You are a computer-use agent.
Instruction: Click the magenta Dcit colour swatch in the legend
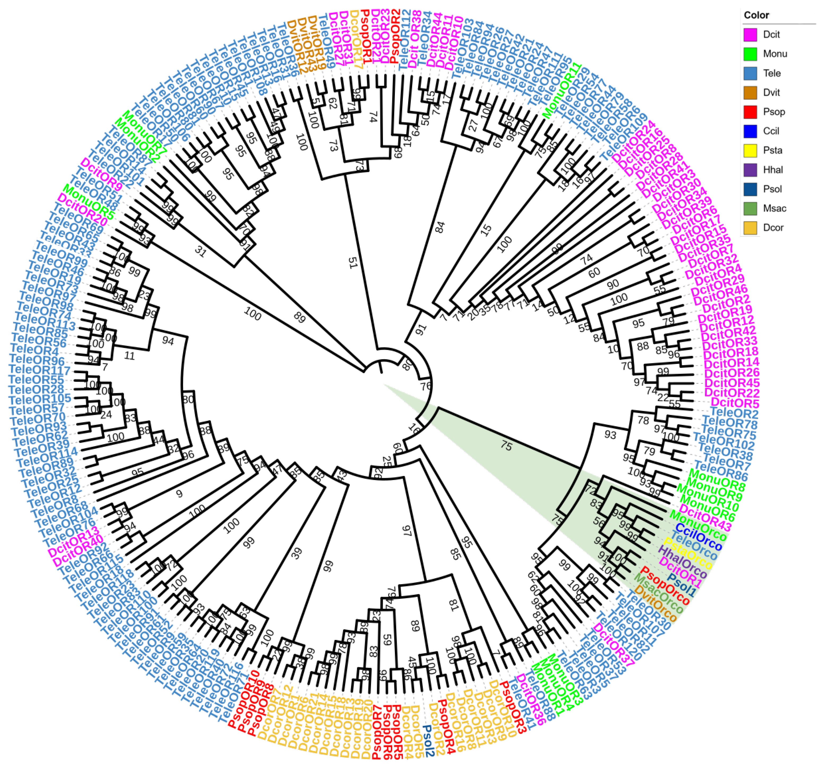[750, 34]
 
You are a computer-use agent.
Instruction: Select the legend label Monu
[775, 54]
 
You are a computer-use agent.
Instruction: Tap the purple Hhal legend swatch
[750, 170]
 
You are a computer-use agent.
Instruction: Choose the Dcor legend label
[773, 228]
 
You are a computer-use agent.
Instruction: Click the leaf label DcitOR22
[732, 393]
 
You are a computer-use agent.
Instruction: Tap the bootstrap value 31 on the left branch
[200, 251]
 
